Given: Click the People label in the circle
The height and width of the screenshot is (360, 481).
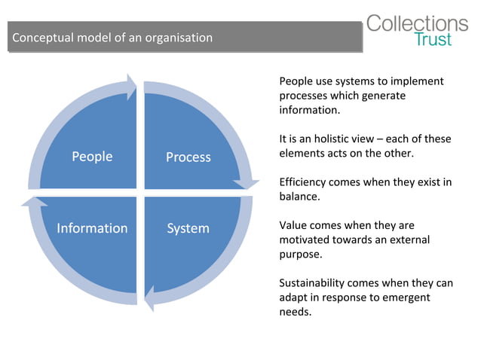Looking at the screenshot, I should click(92, 157).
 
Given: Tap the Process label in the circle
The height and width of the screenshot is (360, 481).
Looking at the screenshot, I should click(188, 157).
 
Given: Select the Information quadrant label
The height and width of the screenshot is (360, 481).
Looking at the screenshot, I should click(92, 228).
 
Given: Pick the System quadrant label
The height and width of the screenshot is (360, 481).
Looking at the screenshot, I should click(188, 228).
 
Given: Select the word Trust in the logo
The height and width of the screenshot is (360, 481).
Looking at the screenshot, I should click(434, 40).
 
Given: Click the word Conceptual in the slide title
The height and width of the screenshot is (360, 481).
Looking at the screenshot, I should click(42, 38).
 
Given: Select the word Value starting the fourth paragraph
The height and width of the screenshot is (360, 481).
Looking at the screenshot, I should click(293, 225).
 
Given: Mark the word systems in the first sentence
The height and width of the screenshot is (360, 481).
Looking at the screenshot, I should click(353, 81).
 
